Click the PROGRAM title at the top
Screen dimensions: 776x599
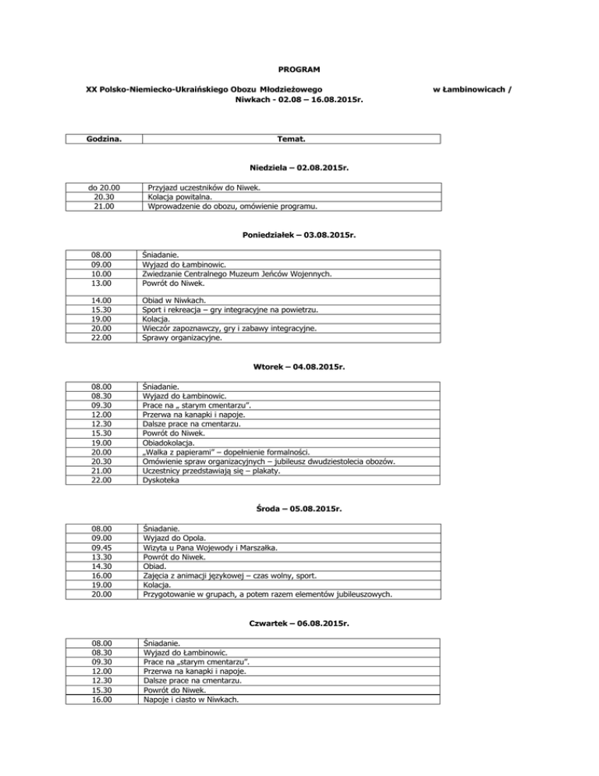[x=300, y=70]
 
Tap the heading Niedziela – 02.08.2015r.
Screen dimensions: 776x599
[x=299, y=168]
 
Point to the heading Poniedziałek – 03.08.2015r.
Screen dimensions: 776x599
[x=299, y=233]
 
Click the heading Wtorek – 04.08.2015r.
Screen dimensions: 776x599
[x=299, y=365]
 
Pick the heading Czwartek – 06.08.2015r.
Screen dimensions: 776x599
[x=299, y=625]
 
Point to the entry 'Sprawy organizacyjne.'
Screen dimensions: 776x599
[x=183, y=338]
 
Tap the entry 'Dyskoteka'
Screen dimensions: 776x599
[x=161, y=480]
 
